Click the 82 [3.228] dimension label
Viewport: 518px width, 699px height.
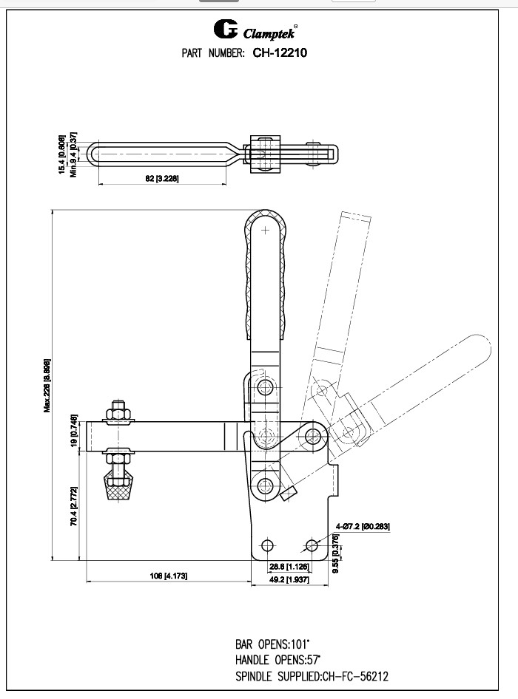click(161, 180)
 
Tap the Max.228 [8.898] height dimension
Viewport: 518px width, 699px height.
click(47, 386)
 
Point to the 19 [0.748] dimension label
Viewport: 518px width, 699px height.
click(74, 432)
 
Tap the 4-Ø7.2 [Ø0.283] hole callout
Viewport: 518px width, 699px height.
click(363, 527)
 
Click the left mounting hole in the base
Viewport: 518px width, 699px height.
click(266, 545)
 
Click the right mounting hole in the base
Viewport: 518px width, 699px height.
click(311, 545)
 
